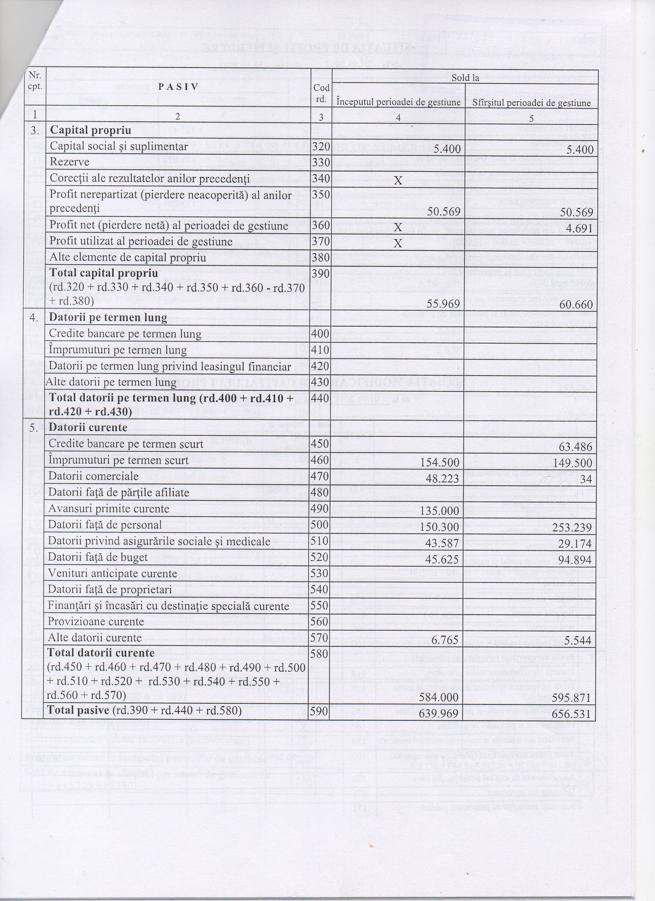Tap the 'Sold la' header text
pos(465,78)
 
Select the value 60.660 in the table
pos(576,305)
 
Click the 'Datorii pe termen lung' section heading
pos(108,317)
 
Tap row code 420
pos(320,366)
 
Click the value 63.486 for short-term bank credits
pos(576,447)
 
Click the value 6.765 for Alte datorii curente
pos(444,640)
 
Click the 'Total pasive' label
pos(78,710)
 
